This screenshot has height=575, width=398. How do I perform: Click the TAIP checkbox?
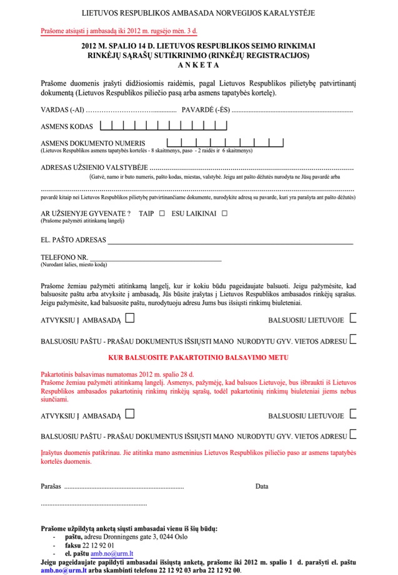click(x=161, y=214)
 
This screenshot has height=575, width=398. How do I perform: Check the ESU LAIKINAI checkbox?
click(x=224, y=214)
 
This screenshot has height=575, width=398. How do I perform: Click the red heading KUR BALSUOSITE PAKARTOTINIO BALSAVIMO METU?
click(x=199, y=357)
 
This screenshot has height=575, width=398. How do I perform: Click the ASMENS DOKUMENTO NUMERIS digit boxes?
click(x=225, y=142)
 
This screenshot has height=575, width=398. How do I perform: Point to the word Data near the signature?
click(x=262, y=486)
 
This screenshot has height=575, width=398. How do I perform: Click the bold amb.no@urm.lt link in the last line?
click(x=59, y=571)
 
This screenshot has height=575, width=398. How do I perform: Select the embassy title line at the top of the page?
click(x=199, y=12)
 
